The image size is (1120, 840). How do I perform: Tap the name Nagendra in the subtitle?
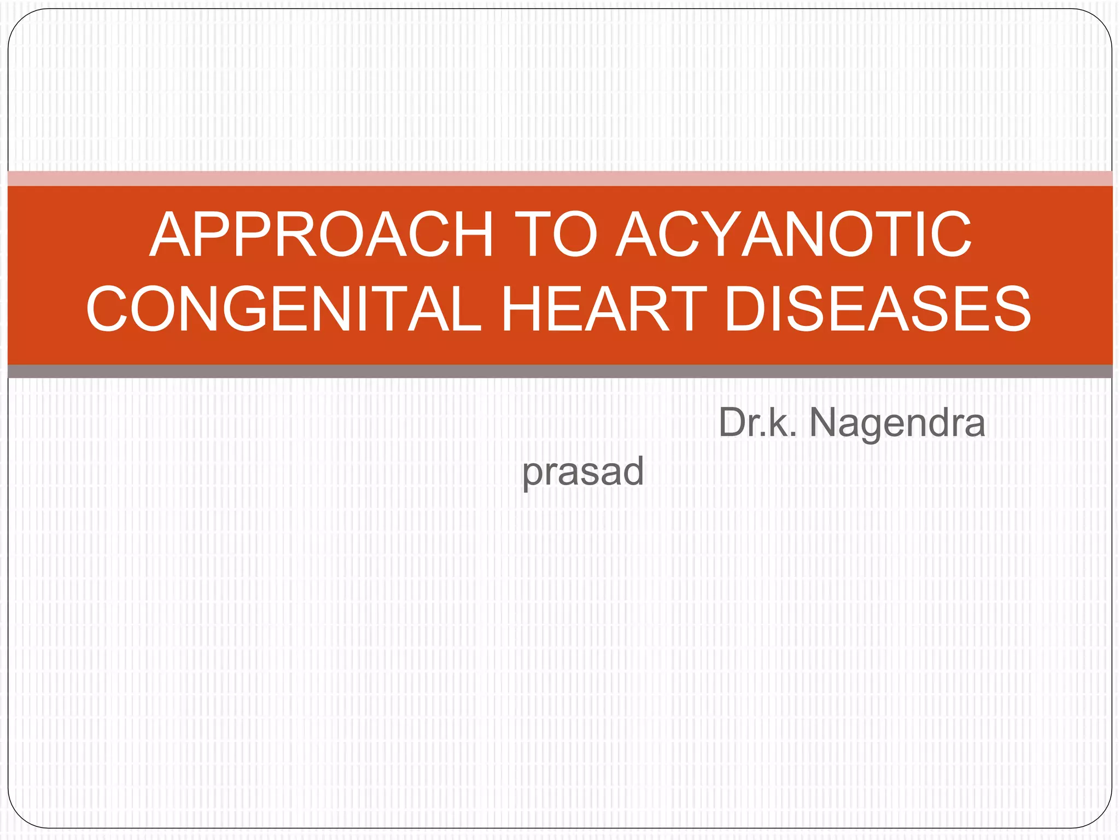pos(897,423)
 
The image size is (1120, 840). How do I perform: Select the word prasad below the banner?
pos(583,471)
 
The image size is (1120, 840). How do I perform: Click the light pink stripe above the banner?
pos(560,178)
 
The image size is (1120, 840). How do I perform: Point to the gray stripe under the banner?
pos(560,371)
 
